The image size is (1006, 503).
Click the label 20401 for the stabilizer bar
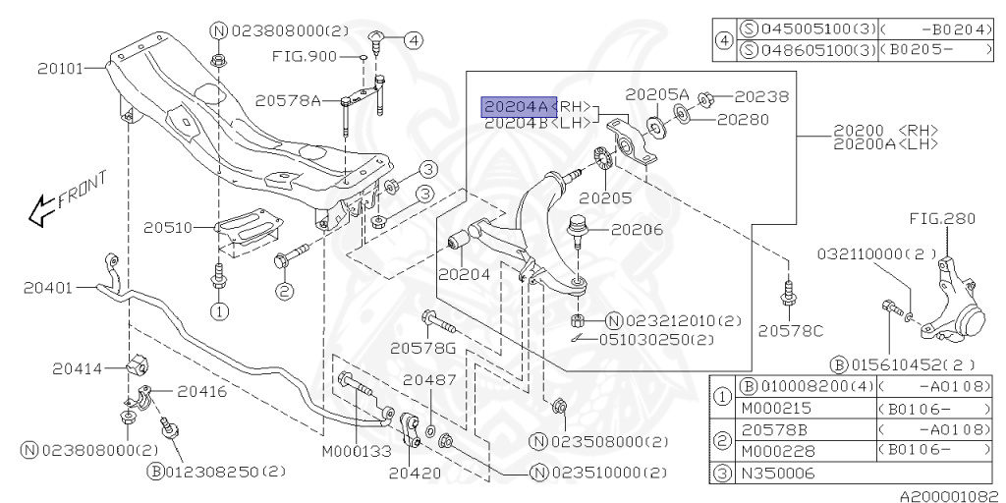point(49,288)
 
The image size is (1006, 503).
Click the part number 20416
point(202,391)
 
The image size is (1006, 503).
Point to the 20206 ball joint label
point(636,230)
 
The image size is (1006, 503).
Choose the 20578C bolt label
point(789,330)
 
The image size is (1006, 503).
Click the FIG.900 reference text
point(305,56)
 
